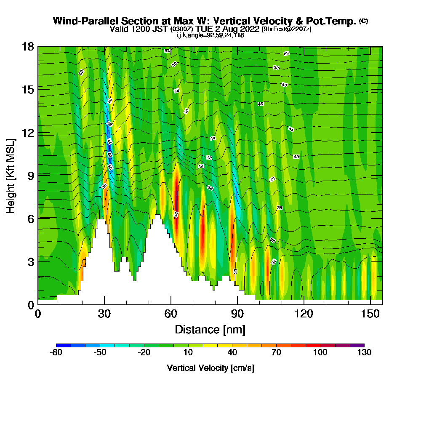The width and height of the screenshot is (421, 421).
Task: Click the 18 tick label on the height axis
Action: [28, 46]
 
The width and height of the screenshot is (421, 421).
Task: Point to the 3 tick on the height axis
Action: [38, 261]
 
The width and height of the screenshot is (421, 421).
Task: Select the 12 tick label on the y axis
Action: [28, 133]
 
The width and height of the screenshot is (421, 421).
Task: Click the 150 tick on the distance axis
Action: [370, 304]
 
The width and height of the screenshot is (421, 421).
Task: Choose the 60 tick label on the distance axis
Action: [171, 314]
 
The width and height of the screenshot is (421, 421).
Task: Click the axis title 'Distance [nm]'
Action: [210, 329]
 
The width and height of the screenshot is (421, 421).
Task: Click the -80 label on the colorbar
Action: [56, 353]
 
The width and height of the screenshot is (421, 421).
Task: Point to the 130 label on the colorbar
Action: [364, 353]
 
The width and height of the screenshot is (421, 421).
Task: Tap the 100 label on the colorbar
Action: [320, 353]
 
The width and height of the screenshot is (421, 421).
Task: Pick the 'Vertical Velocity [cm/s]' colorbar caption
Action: [210, 368]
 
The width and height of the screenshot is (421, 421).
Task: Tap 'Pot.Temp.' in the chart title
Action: [336, 21]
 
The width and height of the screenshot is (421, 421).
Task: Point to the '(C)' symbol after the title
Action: [363, 21]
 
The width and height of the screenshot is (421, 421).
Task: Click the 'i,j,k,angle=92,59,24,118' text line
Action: [210, 35]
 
